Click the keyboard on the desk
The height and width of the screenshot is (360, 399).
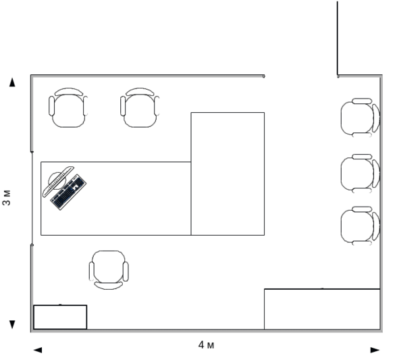(x=68, y=192)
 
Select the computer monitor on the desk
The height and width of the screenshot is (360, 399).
(x=58, y=181)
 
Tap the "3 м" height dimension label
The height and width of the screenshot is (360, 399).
(x=7, y=197)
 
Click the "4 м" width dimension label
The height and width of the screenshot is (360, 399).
(x=206, y=345)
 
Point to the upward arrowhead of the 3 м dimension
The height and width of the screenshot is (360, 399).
(x=12, y=82)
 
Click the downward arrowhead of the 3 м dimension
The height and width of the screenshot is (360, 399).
(x=12, y=324)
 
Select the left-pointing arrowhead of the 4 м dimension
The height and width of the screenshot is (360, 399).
(x=38, y=350)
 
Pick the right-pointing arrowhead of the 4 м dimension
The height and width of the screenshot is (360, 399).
(x=375, y=350)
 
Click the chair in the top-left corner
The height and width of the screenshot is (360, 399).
(x=68, y=107)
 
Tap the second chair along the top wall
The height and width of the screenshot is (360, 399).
(x=140, y=107)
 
